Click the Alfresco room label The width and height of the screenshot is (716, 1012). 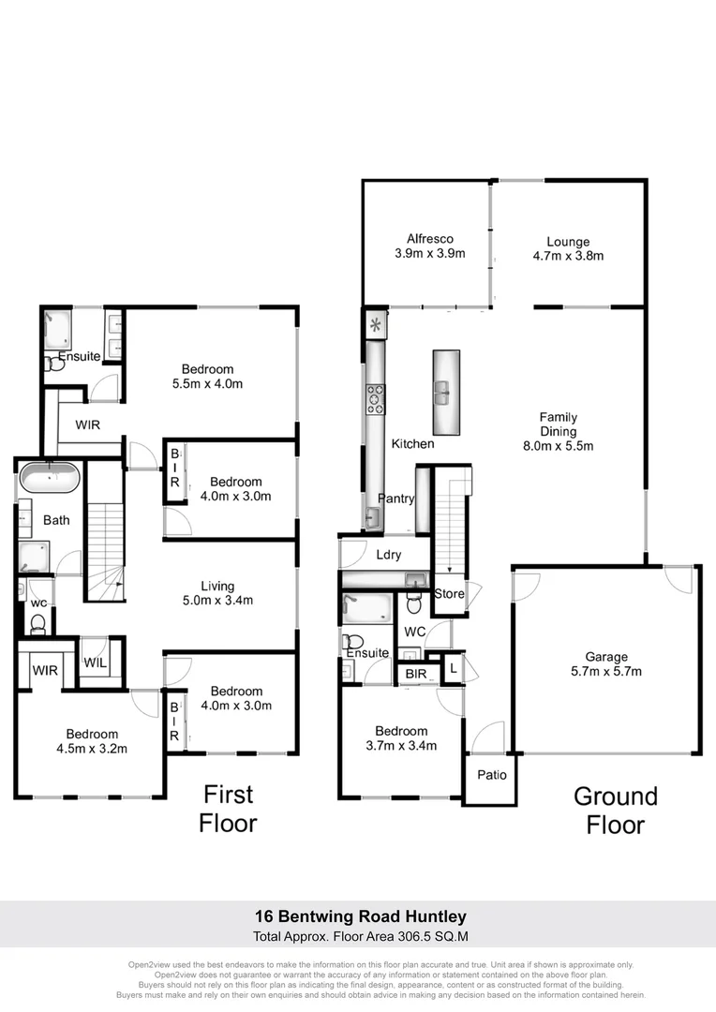[x=430, y=238]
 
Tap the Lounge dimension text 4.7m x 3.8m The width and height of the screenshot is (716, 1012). [x=569, y=255]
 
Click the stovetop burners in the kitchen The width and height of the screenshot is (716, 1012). [x=376, y=400]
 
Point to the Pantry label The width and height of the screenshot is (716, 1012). [x=395, y=499]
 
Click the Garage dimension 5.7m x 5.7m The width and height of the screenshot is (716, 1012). [x=606, y=671]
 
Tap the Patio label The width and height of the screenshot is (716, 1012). [x=492, y=775]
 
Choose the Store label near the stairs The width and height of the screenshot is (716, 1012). [x=449, y=594]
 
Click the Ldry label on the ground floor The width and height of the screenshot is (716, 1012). [x=388, y=555]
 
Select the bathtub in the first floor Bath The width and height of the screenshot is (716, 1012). [x=50, y=479]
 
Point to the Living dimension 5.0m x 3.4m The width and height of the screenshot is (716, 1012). [x=217, y=601]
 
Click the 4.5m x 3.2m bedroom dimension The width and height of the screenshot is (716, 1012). [x=92, y=748]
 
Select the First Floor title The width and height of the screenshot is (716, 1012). [x=229, y=809]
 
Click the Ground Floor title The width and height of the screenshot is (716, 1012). [x=616, y=811]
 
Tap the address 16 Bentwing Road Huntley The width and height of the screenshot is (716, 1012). [x=361, y=915]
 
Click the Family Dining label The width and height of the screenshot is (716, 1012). [x=558, y=424]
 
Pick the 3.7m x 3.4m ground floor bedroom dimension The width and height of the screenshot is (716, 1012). [x=401, y=746]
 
